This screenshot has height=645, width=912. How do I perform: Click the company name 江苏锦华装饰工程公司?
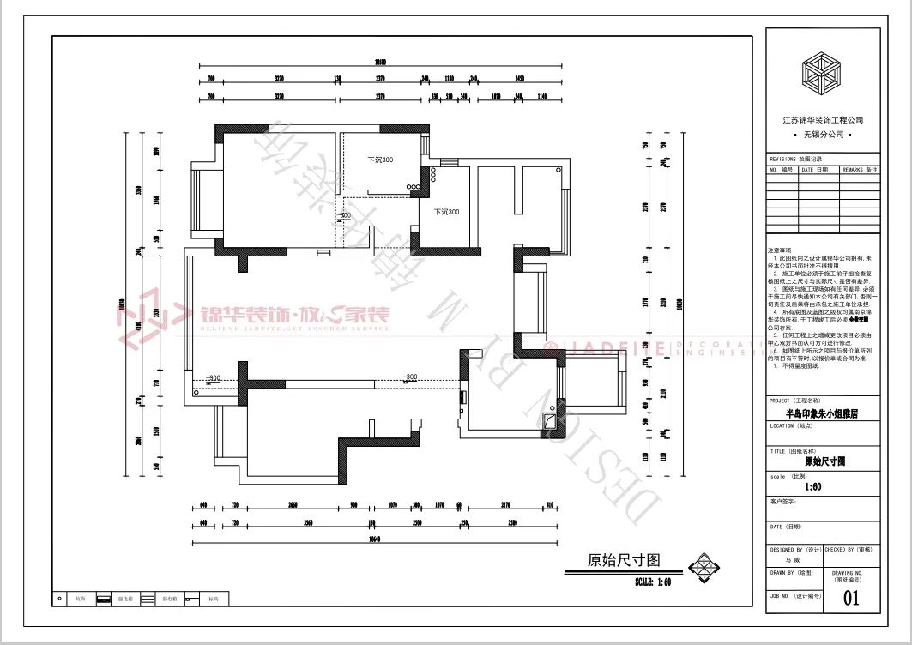pos(823,121)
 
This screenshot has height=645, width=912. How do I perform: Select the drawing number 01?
pos(851,598)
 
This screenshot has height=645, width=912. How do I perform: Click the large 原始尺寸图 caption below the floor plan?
pos(624,561)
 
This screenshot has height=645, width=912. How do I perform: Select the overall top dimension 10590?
pos(381,62)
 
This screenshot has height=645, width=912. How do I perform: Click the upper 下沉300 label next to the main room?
pos(380,160)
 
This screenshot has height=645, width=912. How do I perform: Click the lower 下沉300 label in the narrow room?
pos(446,212)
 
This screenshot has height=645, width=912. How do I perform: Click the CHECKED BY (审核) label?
pos(851,549)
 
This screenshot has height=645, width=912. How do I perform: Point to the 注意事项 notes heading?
pos(782,250)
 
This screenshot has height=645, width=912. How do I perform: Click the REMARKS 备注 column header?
pos(860,170)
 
